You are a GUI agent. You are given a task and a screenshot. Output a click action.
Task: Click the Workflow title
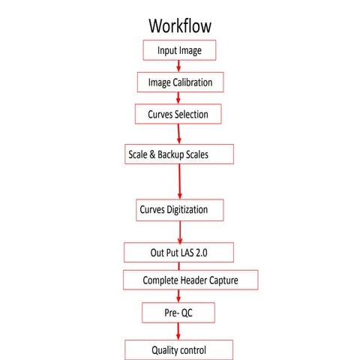pos(180,24)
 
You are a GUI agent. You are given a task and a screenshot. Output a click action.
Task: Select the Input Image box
pos(179,50)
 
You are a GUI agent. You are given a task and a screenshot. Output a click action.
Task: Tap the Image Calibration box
pos(180,82)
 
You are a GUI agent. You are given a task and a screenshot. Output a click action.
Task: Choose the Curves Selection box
pos(178,115)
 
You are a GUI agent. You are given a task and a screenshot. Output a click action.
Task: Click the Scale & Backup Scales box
pos(180,154)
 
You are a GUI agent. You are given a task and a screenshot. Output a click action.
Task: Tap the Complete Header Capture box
pos(191,280)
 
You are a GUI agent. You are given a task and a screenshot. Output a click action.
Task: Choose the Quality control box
pos(178,349)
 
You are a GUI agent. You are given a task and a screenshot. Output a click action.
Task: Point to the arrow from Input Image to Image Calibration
pos(178,66)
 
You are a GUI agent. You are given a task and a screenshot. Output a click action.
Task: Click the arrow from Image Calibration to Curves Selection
pos(178,98)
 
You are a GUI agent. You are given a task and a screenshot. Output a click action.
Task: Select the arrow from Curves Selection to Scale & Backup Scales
pos(179,133)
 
